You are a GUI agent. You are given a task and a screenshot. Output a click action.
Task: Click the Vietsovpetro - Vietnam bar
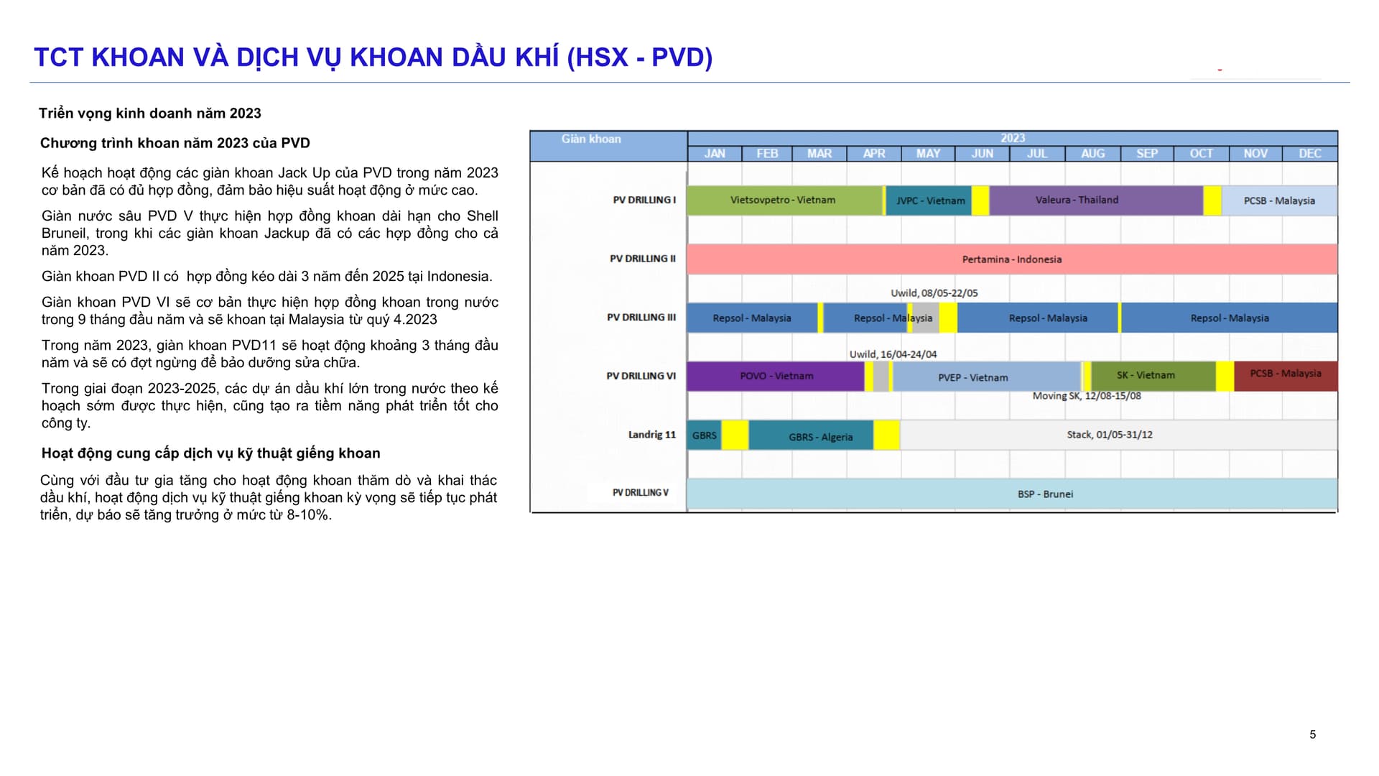pyautogui.click(x=784, y=200)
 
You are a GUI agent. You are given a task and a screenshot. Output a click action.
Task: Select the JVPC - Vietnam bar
pyautogui.click(x=929, y=200)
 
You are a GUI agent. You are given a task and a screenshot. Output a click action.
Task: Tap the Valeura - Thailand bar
pyautogui.click(x=1096, y=200)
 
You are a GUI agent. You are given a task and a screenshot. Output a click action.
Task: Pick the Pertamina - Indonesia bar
pyautogui.click(x=1012, y=259)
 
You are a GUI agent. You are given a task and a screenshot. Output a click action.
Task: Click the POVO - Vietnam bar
pyautogui.click(x=776, y=377)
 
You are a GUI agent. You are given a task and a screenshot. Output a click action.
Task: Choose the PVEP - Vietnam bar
pyautogui.click(x=987, y=377)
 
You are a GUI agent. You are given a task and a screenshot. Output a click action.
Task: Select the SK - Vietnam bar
pyautogui.click(x=1153, y=377)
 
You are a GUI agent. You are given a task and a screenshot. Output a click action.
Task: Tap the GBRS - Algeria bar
pyautogui.click(x=811, y=436)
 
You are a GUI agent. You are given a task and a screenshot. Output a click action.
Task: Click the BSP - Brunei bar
pyautogui.click(x=1012, y=494)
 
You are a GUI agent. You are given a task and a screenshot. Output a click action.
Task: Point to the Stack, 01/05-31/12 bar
pyautogui.click(x=1119, y=435)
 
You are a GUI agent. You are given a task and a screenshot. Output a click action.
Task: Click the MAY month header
pyautogui.click(x=928, y=154)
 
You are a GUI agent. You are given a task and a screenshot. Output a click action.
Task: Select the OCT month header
pyautogui.click(x=1201, y=154)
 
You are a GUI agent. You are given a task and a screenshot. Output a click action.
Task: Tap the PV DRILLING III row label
pyautogui.click(x=641, y=318)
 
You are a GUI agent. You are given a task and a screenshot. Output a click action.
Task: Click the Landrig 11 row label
pyautogui.click(x=652, y=435)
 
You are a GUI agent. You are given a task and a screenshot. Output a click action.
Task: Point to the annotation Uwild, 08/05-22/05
pyautogui.click(x=934, y=293)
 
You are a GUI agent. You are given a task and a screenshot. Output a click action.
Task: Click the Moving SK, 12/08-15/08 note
pyautogui.click(x=1087, y=396)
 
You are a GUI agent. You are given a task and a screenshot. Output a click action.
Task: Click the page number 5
pyautogui.click(x=1313, y=734)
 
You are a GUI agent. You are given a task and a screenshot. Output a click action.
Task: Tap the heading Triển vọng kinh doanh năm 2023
pyautogui.click(x=150, y=114)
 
